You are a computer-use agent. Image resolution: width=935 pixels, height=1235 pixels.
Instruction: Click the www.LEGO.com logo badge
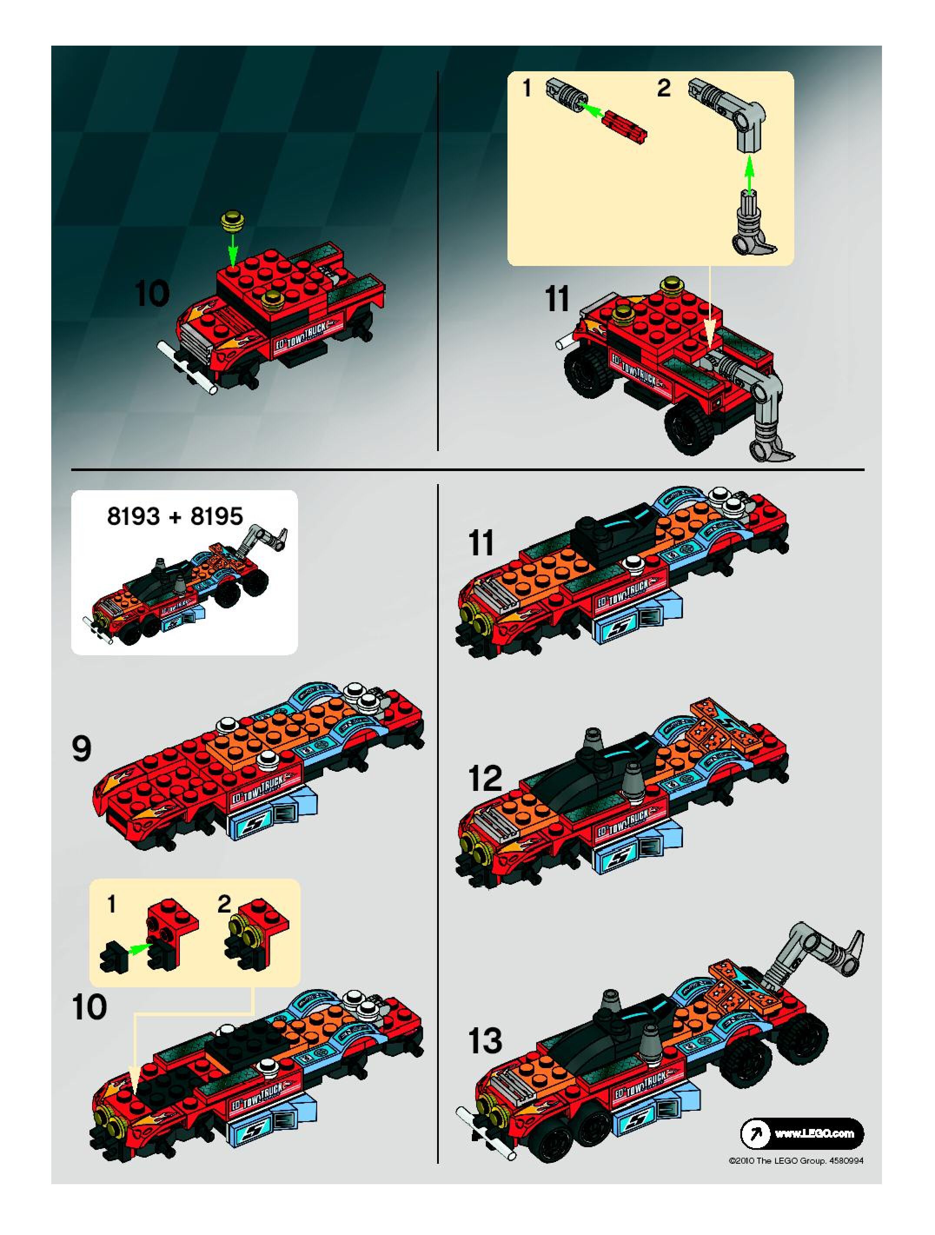802,1133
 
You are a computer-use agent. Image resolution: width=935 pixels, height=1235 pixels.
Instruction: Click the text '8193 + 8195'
175,516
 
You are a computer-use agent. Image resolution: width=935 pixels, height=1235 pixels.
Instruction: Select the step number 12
484,778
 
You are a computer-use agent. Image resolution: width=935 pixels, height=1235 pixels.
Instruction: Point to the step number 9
82,748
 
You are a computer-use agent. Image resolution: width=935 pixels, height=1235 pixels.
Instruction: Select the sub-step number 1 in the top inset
527,88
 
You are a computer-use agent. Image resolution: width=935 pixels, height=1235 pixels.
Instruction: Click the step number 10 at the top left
152,295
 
